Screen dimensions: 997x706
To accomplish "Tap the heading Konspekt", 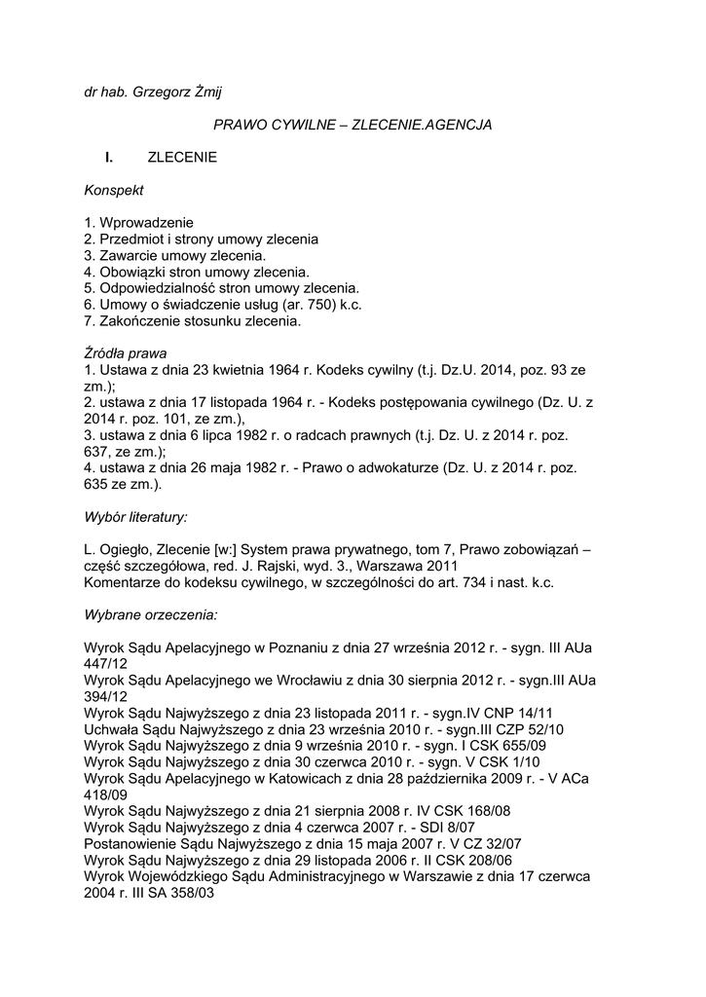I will (x=114, y=190).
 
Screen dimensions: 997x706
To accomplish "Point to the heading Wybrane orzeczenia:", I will (x=150, y=615).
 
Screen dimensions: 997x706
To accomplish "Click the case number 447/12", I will (x=106, y=664).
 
